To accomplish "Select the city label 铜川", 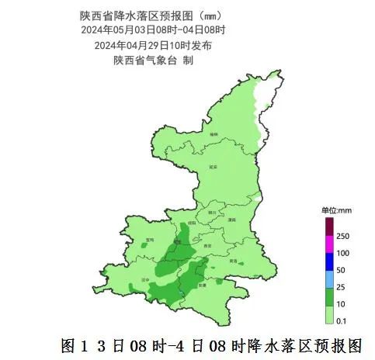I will coord(212,210).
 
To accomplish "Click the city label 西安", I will coord(206,245).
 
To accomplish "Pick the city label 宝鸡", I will coord(150,241).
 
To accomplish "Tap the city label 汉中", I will coord(144,278).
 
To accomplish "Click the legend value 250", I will coord(342,236).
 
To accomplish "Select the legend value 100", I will coord(342,253).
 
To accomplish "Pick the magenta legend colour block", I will coord(328,244).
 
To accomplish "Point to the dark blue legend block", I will coord(328,261).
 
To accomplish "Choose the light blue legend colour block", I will coord(328,279).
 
